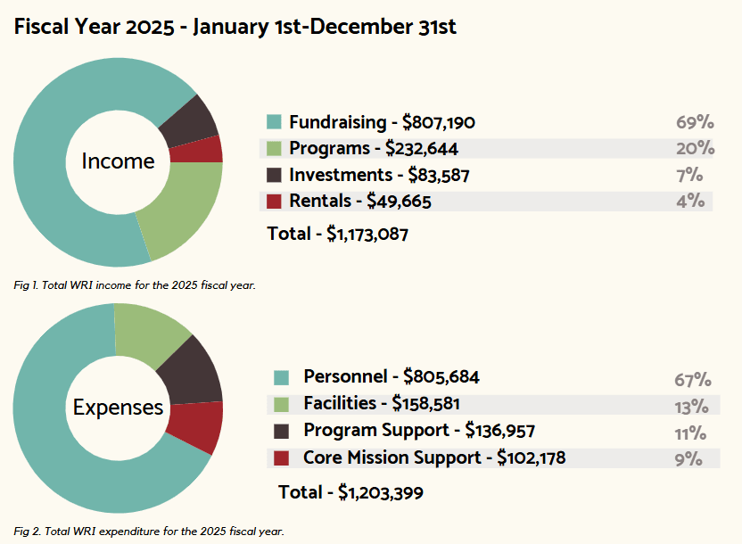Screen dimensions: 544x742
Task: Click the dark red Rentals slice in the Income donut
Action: tap(206, 149)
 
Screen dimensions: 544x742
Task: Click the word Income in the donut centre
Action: tap(118, 161)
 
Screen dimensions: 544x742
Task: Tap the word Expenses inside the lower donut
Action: tap(118, 408)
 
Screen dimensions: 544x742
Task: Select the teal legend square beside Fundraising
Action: tap(274, 121)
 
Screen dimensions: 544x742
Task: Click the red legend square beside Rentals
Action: tap(274, 202)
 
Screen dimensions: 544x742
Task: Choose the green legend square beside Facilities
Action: tap(281, 404)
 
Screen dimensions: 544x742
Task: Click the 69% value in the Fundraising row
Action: tap(694, 122)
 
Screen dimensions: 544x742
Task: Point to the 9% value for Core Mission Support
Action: tap(688, 459)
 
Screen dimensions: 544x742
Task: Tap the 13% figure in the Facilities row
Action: tap(690, 406)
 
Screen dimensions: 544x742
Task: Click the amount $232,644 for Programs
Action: tap(422, 148)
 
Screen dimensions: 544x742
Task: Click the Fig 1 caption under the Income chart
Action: tap(135, 285)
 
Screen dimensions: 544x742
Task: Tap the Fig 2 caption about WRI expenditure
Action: tap(148, 532)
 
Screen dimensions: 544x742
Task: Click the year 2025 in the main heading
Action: tap(151, 27)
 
